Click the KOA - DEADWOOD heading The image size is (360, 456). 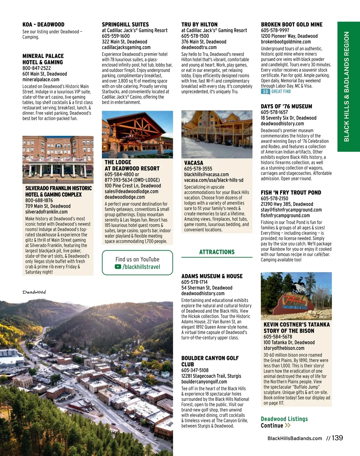click(43, 25)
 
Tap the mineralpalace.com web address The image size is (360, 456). click(41, 80)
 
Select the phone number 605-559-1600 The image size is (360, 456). click(116, 36)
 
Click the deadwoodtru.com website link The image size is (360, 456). click(199, 47)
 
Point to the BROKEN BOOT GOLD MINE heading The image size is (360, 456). click(292, 25)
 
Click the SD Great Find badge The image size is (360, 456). click(276, 92)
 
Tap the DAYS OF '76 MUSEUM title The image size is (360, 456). click(286, 106)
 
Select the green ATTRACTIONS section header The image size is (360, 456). click(217, 252)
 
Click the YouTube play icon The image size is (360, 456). click(118, 267)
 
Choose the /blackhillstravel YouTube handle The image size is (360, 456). click(141, 267)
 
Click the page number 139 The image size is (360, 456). click(337, 438)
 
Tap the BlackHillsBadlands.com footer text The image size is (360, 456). click(295, 438)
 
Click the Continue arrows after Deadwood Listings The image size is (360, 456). click(287, 425)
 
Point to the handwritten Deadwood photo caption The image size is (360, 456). click(34, 292)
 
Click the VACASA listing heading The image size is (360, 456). click(193, 163)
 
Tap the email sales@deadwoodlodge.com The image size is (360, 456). click(131, 192)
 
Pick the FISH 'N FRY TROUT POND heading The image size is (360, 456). click(291, 192)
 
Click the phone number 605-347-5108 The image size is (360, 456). click(195, 370)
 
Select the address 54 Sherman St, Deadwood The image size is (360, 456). click(207, 288)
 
